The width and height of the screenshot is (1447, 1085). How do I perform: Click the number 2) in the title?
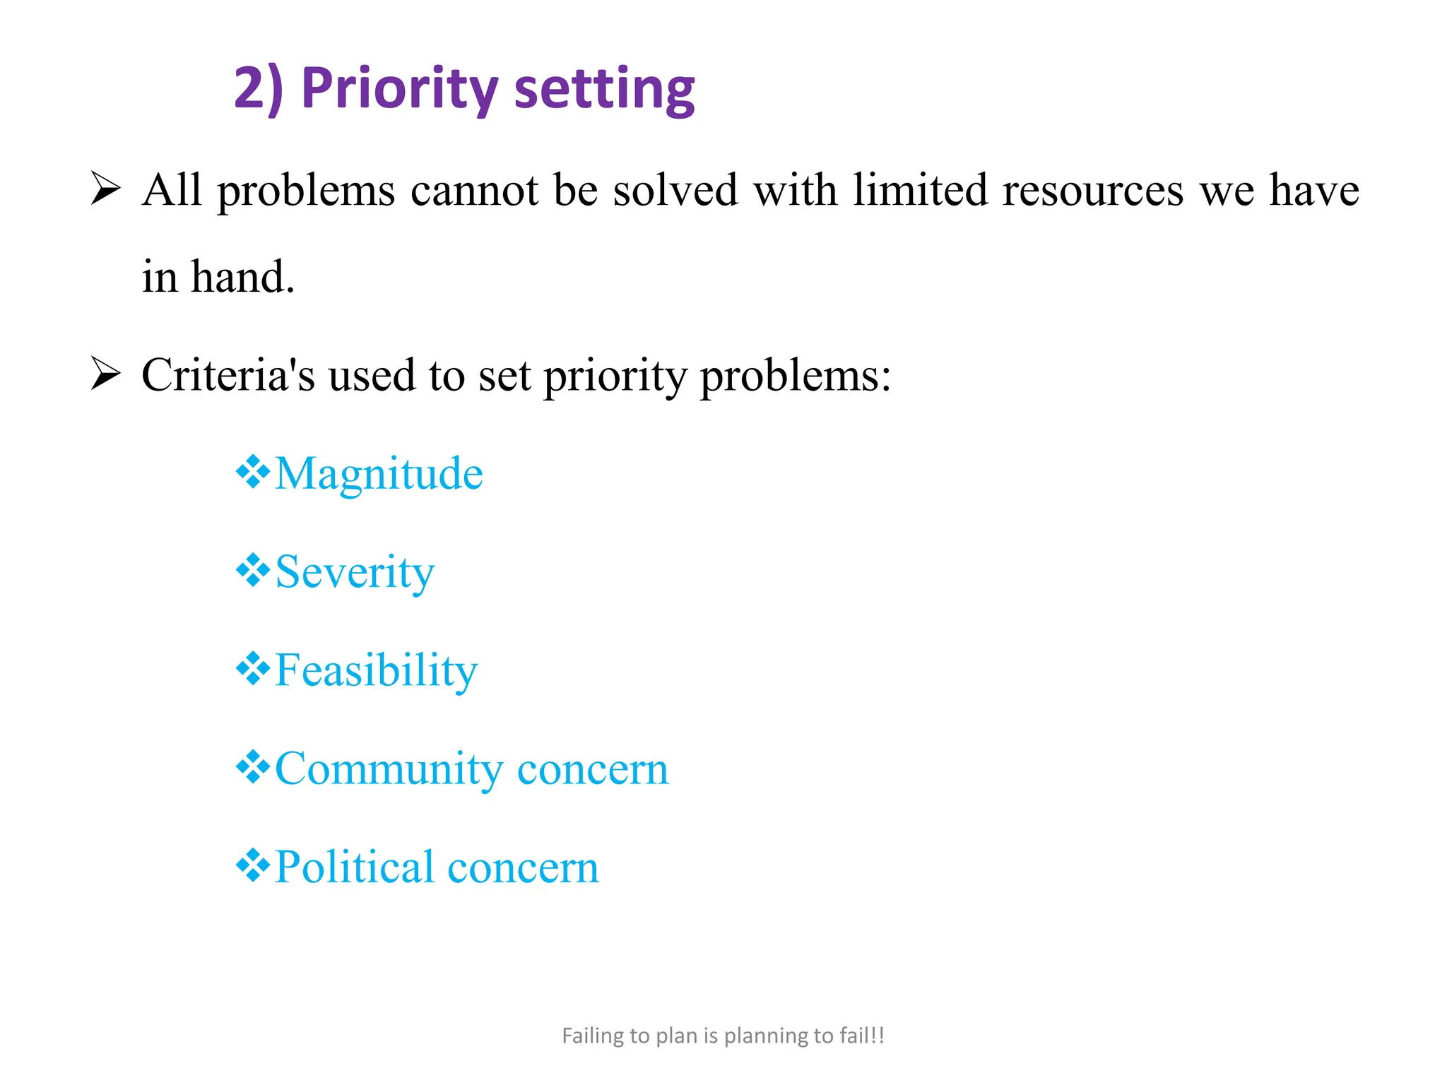pos(257,88)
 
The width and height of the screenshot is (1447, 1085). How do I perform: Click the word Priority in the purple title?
pos(400,90)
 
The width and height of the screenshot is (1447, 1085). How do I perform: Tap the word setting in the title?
pos(604,90)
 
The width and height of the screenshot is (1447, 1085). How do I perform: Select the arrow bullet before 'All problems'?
pos(106,189)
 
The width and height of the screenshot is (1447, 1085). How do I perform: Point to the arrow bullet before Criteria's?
pos(106,374)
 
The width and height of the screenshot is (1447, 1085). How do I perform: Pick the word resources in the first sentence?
pos(1092,191)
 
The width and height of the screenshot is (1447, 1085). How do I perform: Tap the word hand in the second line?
pos(242,276)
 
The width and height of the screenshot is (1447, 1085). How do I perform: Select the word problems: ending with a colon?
pos(795,377)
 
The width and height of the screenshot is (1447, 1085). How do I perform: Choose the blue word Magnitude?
pos(379,473)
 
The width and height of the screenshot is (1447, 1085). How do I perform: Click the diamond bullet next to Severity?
pos(253,571)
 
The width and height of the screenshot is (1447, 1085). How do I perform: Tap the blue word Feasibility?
pos(376,670)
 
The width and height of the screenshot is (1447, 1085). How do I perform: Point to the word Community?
pos(389,769)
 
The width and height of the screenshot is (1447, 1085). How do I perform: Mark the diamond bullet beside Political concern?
pos(253,865)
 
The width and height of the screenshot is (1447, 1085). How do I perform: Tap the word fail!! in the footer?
pos(862,1036)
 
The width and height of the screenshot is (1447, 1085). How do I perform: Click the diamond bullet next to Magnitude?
pos(253,473)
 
